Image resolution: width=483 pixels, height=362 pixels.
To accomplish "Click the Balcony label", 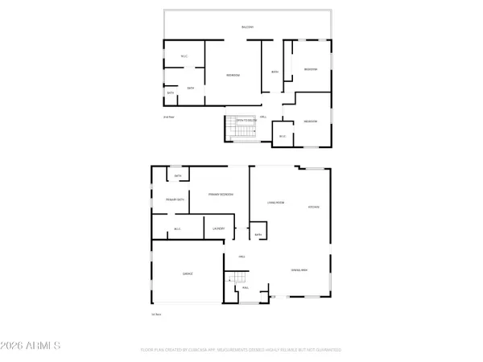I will tap(247, 27).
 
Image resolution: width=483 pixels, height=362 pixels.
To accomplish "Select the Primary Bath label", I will tap(175, 199).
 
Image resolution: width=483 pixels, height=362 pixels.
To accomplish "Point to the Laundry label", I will tap(218, 229).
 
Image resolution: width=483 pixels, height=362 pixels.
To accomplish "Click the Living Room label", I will tap(277, 203).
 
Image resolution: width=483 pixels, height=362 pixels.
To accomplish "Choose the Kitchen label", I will tap(314, 207).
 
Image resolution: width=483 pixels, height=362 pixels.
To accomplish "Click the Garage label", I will tap(187, 274).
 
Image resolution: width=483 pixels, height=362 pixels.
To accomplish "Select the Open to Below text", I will tap(246, 121).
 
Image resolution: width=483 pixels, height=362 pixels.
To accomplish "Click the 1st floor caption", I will tap(156, 315).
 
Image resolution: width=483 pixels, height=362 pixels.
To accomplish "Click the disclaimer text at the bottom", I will tap(242, 351).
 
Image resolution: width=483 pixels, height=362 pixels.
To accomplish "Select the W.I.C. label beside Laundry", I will tap(177, 229).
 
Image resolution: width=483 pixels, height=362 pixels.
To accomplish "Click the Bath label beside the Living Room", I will tap(259, 235).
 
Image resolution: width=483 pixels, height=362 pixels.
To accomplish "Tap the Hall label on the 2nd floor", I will tap(262, 117).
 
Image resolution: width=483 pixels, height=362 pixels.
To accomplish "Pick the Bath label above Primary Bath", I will tap(178, 175).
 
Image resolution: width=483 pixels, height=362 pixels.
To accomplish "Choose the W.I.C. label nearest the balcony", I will tap(184, 56).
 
